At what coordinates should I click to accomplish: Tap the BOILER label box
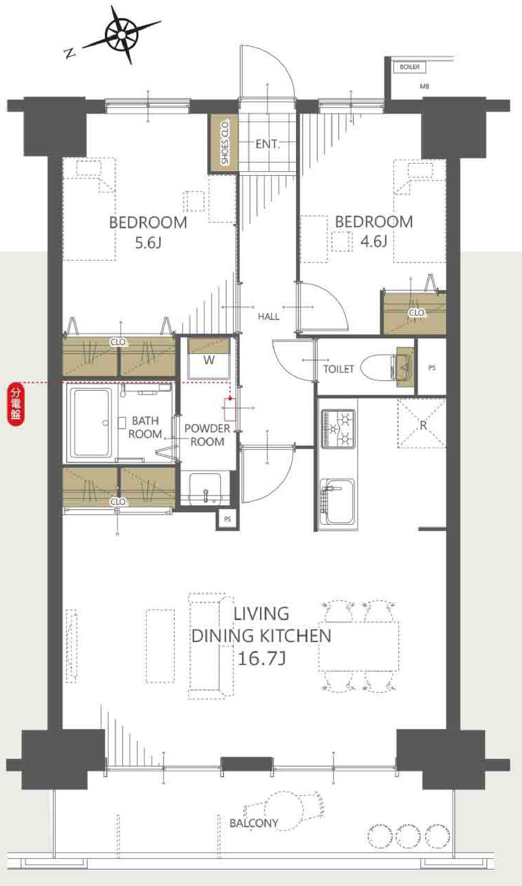(x=410, y=67)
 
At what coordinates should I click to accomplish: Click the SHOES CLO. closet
(x=223, y=143)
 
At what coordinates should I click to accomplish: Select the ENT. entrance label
(x=268, y=144)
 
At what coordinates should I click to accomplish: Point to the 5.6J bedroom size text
(x=148, y=243)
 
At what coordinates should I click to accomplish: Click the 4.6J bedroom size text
(x=374, y=241)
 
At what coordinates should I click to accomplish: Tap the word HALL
(x=268, y=316)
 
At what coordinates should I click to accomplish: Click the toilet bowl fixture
(x=379, y=368)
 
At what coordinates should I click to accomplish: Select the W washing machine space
(x=209, y=358)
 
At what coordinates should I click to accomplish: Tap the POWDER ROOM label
(x=207, y=435)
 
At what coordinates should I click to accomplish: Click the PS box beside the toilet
(x=432, y=368)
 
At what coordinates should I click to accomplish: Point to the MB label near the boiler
(x=424, y=86)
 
